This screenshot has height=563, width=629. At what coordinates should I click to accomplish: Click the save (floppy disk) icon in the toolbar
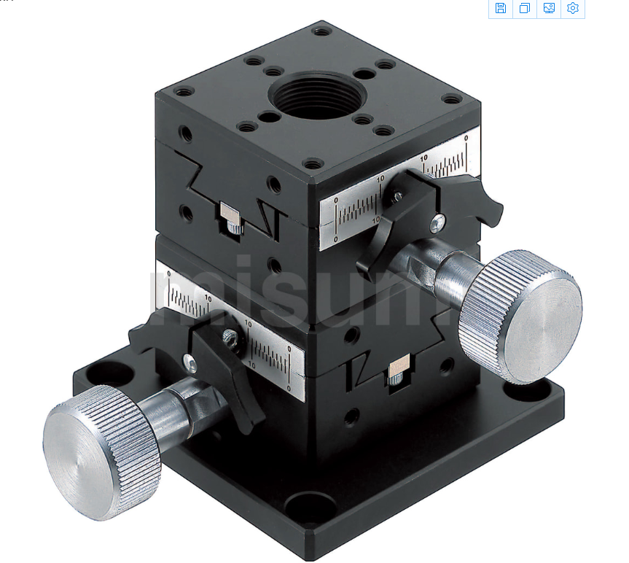[500, 8]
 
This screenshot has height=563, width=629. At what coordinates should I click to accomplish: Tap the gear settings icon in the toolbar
[573, 8]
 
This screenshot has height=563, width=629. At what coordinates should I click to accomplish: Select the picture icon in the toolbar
[549, 8]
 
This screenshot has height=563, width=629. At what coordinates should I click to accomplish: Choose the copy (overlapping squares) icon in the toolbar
[524, 8]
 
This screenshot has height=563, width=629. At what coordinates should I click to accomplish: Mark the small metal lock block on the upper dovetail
[230, 213]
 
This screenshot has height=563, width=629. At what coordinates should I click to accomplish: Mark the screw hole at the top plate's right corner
[452, 98]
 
